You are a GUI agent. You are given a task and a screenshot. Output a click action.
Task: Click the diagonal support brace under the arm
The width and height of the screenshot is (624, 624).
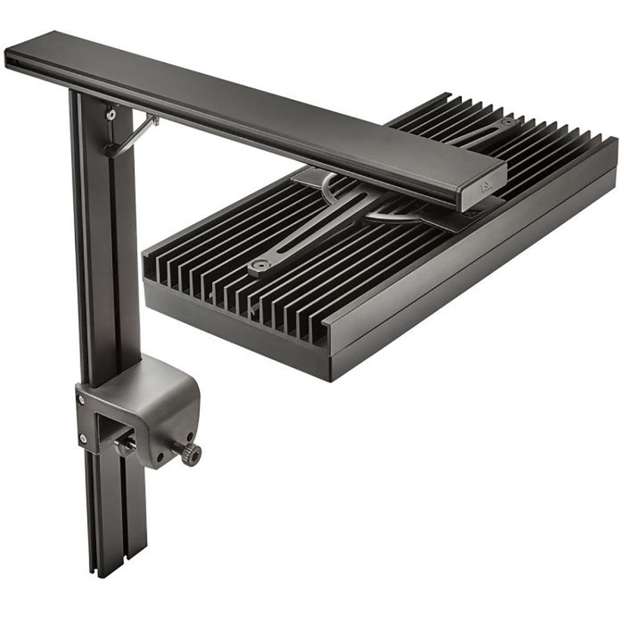point(134,134)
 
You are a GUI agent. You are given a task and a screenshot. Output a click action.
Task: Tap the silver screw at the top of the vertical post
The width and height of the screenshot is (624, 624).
point(110,114)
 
